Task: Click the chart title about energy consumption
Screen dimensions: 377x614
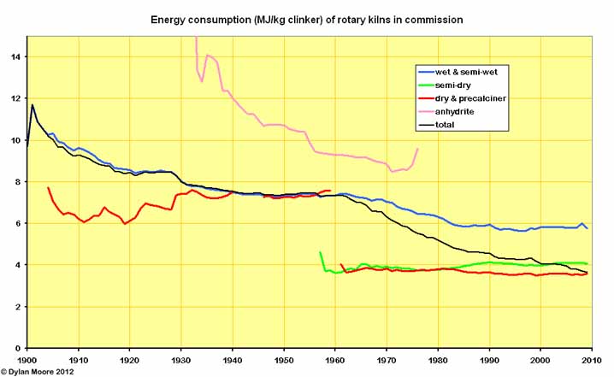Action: coord(306,19)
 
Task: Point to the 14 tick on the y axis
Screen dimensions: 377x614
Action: coord(17,56)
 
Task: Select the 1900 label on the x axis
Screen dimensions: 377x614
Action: coord(27,360)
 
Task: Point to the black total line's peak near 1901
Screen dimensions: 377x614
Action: coord(32,105)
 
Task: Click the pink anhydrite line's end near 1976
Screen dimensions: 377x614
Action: coord(417,149)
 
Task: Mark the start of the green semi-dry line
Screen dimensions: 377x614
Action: coord(320,252)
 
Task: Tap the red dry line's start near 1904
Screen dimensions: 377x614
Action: coord(48,187)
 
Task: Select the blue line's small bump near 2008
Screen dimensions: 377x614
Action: coord(582,224)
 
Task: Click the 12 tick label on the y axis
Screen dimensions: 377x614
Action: coord(17,98)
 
